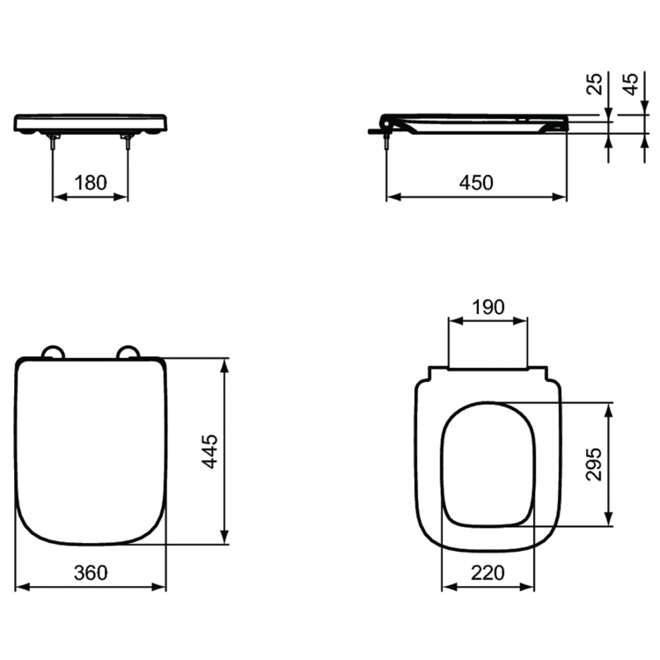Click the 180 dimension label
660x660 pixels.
tap(90, 182)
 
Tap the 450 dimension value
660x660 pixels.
tap(475, 182)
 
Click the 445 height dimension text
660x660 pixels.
tap(210, 451)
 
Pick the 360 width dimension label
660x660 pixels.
tap(90, 573)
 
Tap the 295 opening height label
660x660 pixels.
tap(594, 465)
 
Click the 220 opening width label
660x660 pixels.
tap(488, 573)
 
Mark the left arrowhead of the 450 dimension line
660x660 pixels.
tap(392, 196)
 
